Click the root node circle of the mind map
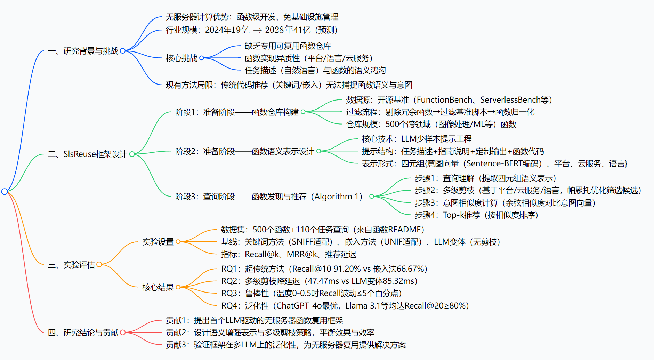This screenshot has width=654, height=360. [5, 192]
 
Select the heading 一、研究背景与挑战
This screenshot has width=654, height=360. [83, 51]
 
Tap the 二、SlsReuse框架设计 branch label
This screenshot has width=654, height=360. [87, 154]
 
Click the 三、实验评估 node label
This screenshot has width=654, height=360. [71, 265]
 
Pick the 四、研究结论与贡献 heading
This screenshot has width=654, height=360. [83, 333]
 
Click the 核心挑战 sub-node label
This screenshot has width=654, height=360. [181, 58]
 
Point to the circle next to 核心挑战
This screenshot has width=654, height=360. [202, 58]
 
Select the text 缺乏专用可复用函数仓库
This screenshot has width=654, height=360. [288, 46]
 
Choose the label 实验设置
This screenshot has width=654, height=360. [158, 242]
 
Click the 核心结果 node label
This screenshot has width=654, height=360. [158, 287]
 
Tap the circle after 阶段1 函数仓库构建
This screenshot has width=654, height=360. [303, 112]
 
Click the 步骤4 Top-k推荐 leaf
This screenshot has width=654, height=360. [476, 215]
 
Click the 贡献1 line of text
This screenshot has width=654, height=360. [254, 320]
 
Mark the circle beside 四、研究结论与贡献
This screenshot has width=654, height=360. [123, 333]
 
